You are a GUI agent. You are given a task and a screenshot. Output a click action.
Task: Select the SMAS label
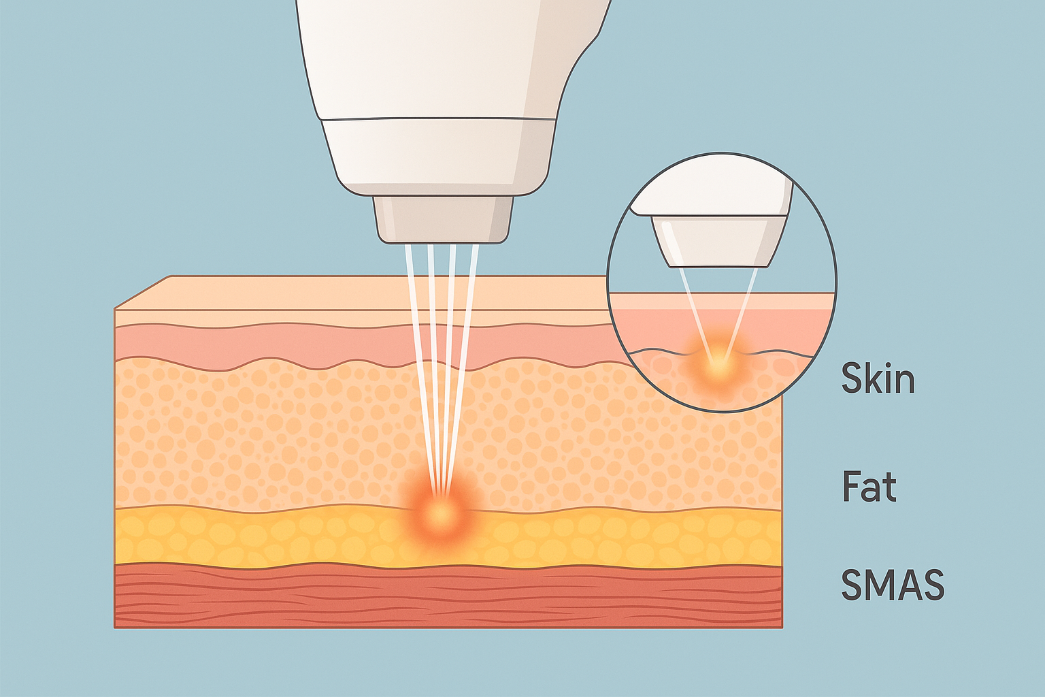[x=893, y=584]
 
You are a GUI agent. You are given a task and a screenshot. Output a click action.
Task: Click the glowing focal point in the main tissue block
[x=441, y=512]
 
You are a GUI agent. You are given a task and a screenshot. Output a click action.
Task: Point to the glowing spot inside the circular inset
[x=718, y=366]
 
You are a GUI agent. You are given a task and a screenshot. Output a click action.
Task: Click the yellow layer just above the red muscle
[x=272, y=538]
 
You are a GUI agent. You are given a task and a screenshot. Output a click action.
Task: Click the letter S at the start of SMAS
[x=852, y=584]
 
